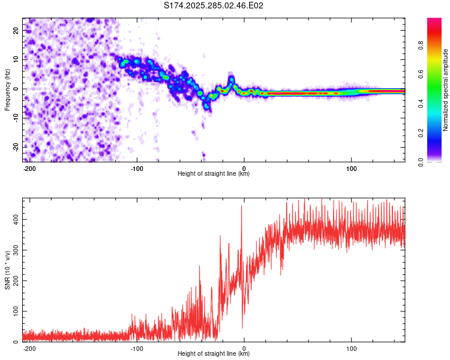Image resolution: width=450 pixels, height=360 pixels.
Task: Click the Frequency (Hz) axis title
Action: tap(7, 89)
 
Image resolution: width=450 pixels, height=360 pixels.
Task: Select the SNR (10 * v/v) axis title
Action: tap(7, 269)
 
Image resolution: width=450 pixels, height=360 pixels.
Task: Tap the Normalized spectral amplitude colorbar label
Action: tap(446, 89)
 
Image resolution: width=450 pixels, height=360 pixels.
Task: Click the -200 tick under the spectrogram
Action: tap(29, 167)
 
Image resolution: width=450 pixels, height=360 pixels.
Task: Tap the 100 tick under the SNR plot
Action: tap(351, 347)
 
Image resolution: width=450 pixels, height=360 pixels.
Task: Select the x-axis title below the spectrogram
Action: tap(214, 174)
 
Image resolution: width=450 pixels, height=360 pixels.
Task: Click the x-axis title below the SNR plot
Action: tap(214, 354)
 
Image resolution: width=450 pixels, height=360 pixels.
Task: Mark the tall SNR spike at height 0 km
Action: tap(242, 208)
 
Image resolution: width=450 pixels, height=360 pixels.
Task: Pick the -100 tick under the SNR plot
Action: tap(136, 347)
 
